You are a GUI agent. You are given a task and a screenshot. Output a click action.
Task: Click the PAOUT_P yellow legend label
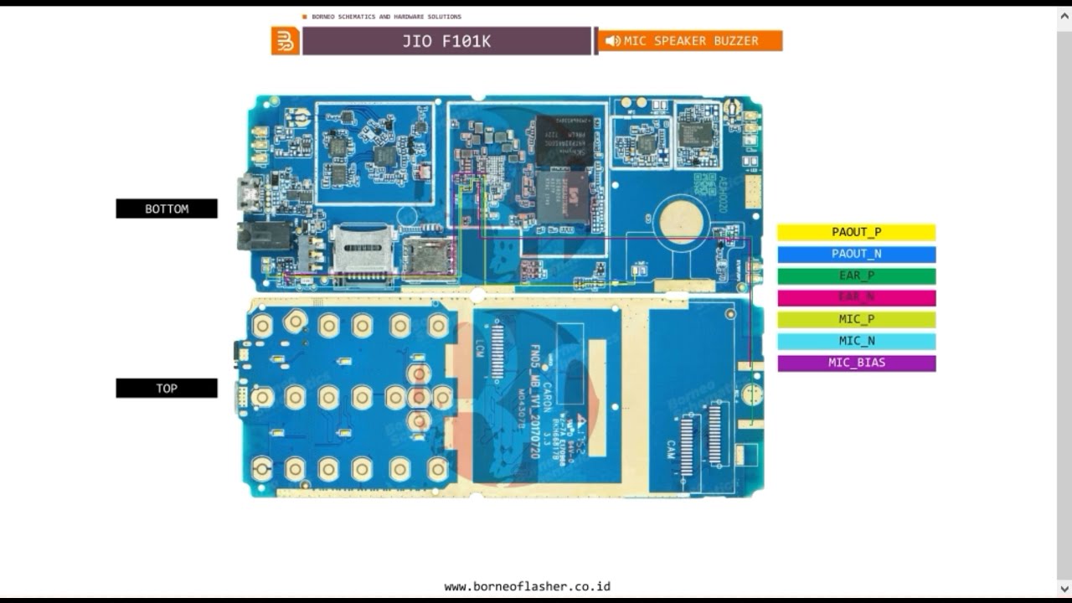pyautogui.click(x=856, y=232)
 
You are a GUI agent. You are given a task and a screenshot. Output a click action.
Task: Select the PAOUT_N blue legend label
pyautogui.click(x=856, y=254)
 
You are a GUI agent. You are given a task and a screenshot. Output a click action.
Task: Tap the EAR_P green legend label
pyautogui.click(x=856, y=276)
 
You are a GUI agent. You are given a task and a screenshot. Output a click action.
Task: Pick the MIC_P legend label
pyautogui.click(x=856, y=319)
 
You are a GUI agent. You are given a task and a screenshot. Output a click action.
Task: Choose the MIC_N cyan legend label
pyautogui.click(x=856, y=341)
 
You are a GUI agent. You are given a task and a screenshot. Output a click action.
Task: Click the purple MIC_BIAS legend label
pyautogui.click(x=856, y=363)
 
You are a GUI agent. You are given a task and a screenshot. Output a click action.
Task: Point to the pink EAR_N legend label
pyautogui.click(x=856, y=297)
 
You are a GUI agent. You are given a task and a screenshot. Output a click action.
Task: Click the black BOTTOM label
pyautogui.click(x=167, y=209)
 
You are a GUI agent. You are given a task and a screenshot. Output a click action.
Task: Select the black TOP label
pyautogui.click(x=167, y=388)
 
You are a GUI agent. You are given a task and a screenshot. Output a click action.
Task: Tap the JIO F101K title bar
pyautogui.click(x=446, y=41)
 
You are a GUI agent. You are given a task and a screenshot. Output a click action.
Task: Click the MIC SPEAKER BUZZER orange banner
pyautogui.click(x=690, y=41)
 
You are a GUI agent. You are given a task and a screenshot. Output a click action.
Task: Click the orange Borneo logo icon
pyautogui.click(x=285, y=41)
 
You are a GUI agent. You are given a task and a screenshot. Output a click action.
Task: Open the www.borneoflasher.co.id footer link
pyautogui.click(x=527, y=586)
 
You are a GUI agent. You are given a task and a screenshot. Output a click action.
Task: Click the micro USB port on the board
pyautogui.click(x=249, y=193)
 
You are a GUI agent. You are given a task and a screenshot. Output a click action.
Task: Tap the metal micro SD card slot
pyautogui.click(x=363, y=250)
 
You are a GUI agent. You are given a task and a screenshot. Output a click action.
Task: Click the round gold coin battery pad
pyautogui.click(x=681, y=221)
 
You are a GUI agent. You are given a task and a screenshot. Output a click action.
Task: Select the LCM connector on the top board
pyautogui.click(x=497, y=351)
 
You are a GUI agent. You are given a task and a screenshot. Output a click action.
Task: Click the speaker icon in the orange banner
pyautogui.click(x=613, y=41)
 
